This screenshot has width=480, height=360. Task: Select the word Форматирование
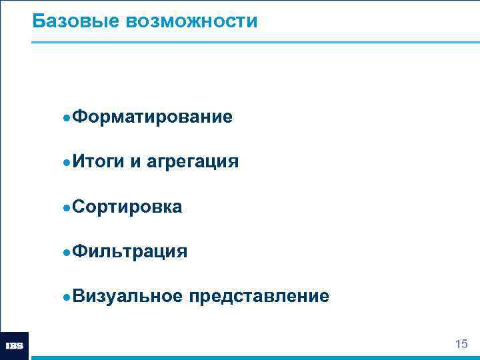point(152,117)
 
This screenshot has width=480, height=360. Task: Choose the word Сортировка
point(127,207)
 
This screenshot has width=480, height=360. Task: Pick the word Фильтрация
point(129,251)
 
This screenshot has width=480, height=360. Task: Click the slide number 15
point(461,344)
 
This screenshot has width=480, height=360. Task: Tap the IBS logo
point(15,346)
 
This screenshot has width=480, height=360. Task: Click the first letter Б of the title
point(38,21)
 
